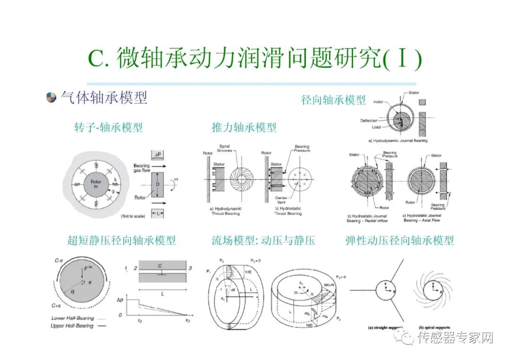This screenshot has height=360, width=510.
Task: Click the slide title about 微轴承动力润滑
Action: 255,59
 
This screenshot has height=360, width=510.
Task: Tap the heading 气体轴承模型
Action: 104,98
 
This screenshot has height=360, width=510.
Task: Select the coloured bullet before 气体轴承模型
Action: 51,98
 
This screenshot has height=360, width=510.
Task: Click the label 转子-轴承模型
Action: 108,127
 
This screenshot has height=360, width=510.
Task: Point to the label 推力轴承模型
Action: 244,127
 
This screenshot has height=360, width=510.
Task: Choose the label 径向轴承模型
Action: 333,100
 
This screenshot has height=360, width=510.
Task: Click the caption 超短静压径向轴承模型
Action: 121,240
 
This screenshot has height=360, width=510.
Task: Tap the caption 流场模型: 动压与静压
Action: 263,240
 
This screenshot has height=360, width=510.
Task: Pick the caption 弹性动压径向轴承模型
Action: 399,240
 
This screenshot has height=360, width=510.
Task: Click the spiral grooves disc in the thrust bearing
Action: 245,181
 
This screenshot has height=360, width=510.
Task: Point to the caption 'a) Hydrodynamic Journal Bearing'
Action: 398,141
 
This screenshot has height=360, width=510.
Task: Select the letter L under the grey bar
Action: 162,293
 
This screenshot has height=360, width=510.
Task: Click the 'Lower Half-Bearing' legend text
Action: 73,318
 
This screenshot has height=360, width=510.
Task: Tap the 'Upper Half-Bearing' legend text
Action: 73,326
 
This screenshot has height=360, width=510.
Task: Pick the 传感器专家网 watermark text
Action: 455,338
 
